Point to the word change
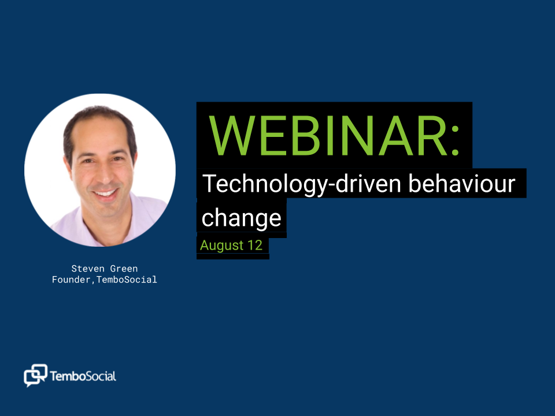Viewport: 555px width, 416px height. [241, 218]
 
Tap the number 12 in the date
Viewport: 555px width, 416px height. [255, 245]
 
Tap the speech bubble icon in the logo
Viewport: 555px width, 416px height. [35, 375]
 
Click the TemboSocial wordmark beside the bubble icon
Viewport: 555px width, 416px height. [83, 376]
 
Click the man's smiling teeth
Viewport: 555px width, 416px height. [104, 193]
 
